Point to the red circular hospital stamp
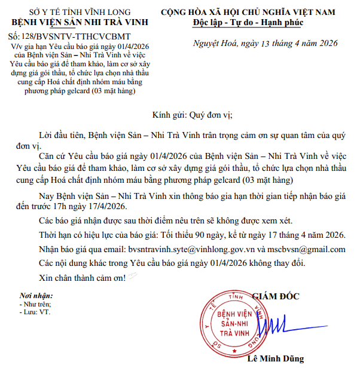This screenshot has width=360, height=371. [230, 323]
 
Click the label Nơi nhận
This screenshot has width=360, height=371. [36, 296]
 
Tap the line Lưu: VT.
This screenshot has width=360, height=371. [34, 311]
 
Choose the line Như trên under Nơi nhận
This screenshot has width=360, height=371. [36, 303]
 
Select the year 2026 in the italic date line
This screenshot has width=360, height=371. [325, 43]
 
